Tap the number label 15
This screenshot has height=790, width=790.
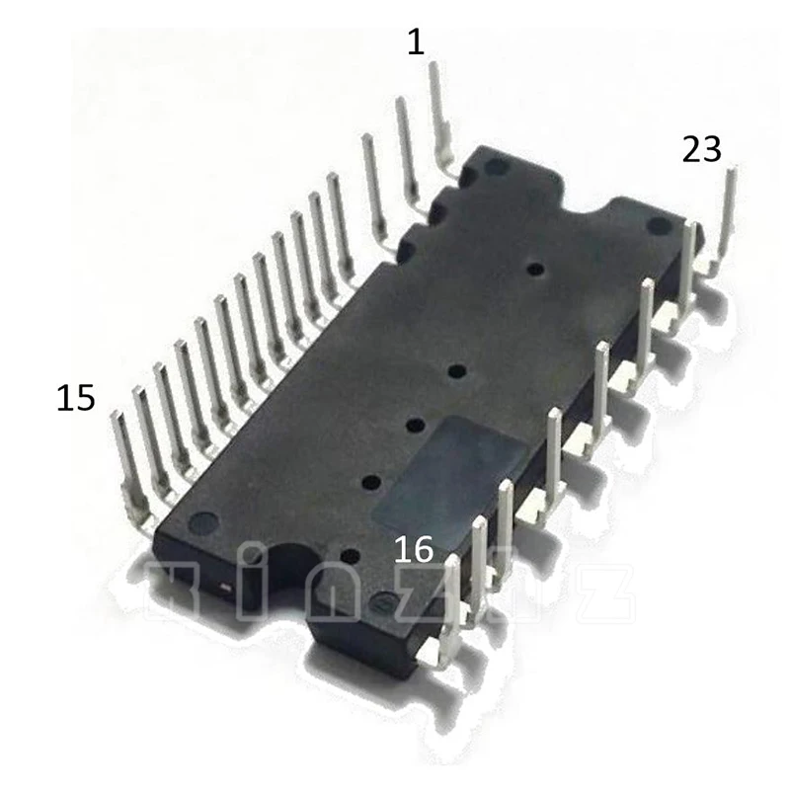coord(76,398)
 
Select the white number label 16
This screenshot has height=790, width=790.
coord(414,549)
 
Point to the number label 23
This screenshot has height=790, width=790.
coord(702,150)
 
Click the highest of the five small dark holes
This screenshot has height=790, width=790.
coord(534,269)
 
